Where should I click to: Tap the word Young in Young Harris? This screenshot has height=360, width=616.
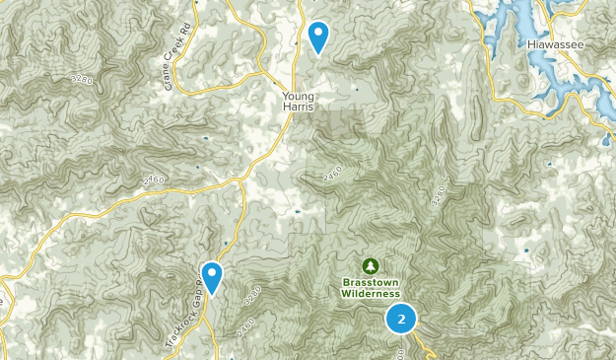[x=297, y=96]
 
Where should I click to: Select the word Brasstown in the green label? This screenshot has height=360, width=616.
[x=371, y=282]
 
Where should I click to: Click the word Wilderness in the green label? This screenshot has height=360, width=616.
[x=371, y=293]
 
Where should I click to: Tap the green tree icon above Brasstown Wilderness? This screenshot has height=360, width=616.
[x=371, y=265]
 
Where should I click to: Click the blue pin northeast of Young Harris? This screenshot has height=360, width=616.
[x=318, y=37]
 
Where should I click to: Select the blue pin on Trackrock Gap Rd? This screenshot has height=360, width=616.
[x=212, y=276]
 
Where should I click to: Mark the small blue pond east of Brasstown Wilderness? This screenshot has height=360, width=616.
[x=525, y=251]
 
